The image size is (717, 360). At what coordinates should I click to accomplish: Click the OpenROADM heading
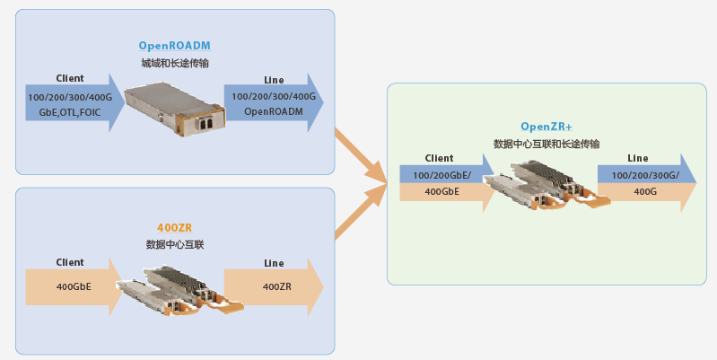pyautogui.click(x=174, y=46)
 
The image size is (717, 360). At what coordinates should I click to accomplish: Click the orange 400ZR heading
pyautogui.click(x=174, y=228)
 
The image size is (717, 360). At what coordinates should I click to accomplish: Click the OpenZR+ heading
pyautogui.click(x=546, y=127)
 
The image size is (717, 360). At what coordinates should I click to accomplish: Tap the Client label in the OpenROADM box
pyautogui.click(x=70, y=79)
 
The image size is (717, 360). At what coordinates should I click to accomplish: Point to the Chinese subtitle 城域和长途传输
pyautogui.click(x=174, y=64)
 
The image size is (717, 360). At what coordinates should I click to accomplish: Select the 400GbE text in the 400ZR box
pyautogui.click(x=74, y=287)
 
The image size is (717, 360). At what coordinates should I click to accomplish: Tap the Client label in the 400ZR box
pyautogui.click(x=70, y=262)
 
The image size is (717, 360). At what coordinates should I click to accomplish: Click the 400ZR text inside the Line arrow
pyautogui.click(x=276, y=287)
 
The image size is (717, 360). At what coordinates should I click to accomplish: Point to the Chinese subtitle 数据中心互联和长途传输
pyautogui.click(x=546, y=144)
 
